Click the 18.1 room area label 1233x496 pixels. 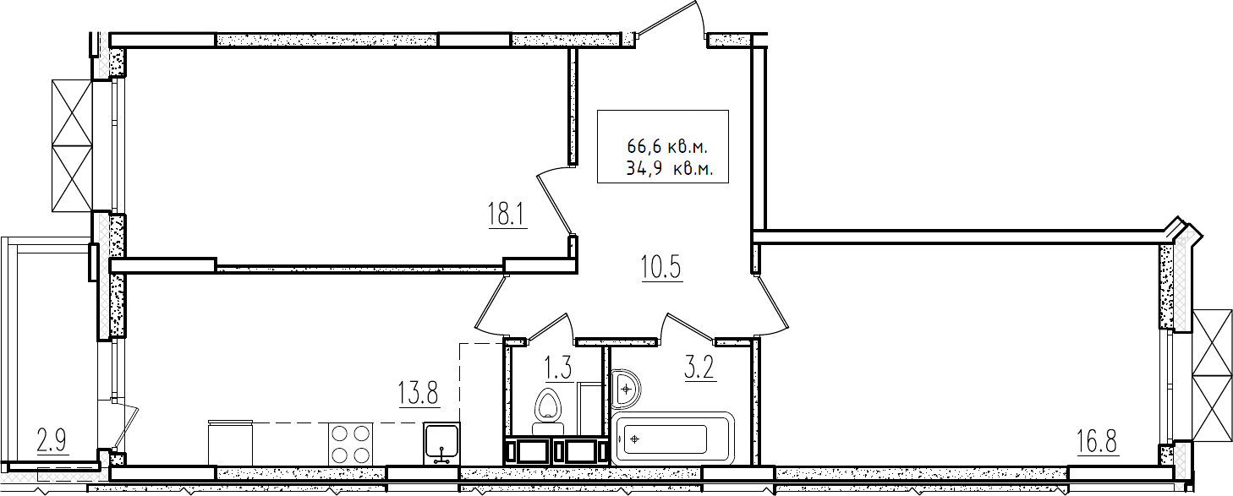[507, 215]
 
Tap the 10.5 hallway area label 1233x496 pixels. [661, 268]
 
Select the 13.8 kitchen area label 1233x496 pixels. [419, 393]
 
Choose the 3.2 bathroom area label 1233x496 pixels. [700, 368]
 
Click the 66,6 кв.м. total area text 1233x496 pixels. [666, 147]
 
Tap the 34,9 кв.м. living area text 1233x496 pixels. [669, 168]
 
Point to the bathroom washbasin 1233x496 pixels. [626, 389]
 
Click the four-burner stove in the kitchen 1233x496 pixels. [351, 445]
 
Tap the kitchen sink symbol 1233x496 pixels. [442, 444]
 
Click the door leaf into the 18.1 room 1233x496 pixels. [555, 204]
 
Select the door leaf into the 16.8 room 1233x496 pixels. [772, 307]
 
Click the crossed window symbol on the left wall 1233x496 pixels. [72, 145]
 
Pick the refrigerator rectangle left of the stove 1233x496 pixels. [231, 444]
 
